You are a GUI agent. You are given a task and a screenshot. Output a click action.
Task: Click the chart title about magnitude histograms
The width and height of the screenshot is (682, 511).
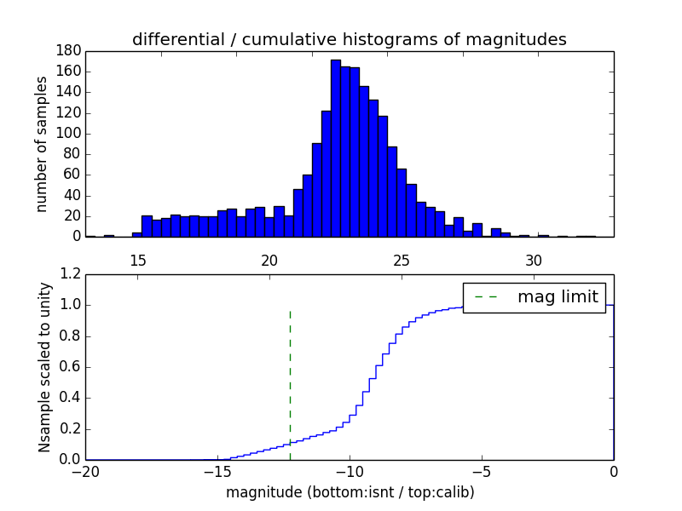click(x=349, y=39)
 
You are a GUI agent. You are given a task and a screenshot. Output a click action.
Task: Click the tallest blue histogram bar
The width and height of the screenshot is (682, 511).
click(x=336, y=149)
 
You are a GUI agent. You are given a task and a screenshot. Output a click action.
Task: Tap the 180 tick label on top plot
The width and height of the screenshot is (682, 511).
click(x=68, y=50)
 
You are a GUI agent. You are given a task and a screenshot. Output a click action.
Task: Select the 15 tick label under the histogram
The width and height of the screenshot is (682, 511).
click(x=137, y=261)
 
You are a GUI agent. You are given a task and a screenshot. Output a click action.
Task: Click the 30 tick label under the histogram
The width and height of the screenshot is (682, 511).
click(x=534, y=261)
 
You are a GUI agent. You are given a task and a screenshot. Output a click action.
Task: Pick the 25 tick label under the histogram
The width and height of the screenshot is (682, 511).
click(x=402, y=261)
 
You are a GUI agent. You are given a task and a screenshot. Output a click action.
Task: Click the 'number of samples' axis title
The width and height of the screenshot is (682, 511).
click(x=42, y=143)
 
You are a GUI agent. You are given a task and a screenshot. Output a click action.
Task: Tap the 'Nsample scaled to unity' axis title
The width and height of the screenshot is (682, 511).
click(x=44, y=367)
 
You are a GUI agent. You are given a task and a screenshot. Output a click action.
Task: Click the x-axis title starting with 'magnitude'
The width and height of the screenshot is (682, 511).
click(x=350, y=492)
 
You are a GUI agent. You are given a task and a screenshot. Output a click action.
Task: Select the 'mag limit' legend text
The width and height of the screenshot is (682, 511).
click(x=558, y=297)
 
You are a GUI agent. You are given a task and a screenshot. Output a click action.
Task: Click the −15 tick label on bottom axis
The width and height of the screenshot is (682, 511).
click(x=217, y=472)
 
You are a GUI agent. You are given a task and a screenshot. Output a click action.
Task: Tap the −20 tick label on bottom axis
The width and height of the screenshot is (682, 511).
click(x=85, y=472)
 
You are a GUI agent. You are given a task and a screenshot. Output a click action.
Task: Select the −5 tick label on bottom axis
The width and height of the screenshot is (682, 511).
click(x=482, y=472)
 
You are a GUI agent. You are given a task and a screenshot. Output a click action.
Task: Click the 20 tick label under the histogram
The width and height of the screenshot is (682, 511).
click(x=269, y=261)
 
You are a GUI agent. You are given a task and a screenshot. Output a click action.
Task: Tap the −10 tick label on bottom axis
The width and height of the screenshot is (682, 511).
click(x=350, y=472)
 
